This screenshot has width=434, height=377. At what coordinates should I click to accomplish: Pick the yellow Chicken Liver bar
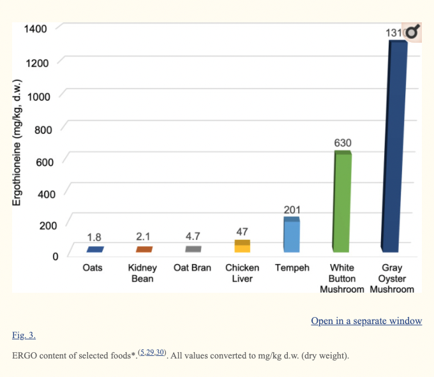(x=242, y=246)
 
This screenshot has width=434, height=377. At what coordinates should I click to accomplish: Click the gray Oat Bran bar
(x=193, y=249)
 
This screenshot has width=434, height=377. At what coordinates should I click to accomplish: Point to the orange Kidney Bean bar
(x=144, y=249)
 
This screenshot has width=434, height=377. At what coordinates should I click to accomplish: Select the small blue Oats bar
(x=94, y=249)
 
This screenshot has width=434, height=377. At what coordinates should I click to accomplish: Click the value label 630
(x=343, y=143)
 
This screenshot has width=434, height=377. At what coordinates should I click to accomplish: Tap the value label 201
(x=292, y=210)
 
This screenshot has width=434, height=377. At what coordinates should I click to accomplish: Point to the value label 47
(x=242, y=232)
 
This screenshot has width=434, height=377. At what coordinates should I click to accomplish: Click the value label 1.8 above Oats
(x=94, y=237)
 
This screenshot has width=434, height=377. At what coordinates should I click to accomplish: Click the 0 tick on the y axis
(x=55, y=256)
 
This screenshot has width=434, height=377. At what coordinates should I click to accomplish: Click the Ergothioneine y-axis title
(x=17, y=142)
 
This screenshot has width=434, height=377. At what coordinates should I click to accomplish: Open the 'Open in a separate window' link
(x=366, y=321)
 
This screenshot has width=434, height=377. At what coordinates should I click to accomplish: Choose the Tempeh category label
(x=292, y=268)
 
